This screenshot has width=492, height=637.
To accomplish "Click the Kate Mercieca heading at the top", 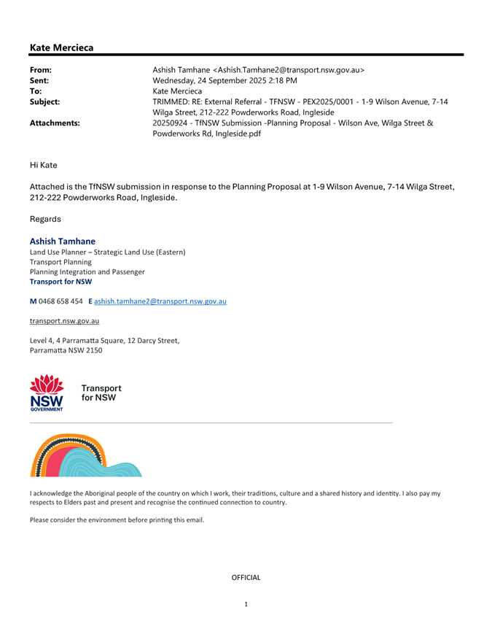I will click(62, 47).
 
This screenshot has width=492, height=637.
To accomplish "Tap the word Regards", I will click(46, 218).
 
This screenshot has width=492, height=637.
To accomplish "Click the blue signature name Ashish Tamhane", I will click(64, 241).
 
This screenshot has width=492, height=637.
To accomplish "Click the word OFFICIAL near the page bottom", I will click(246, 578).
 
